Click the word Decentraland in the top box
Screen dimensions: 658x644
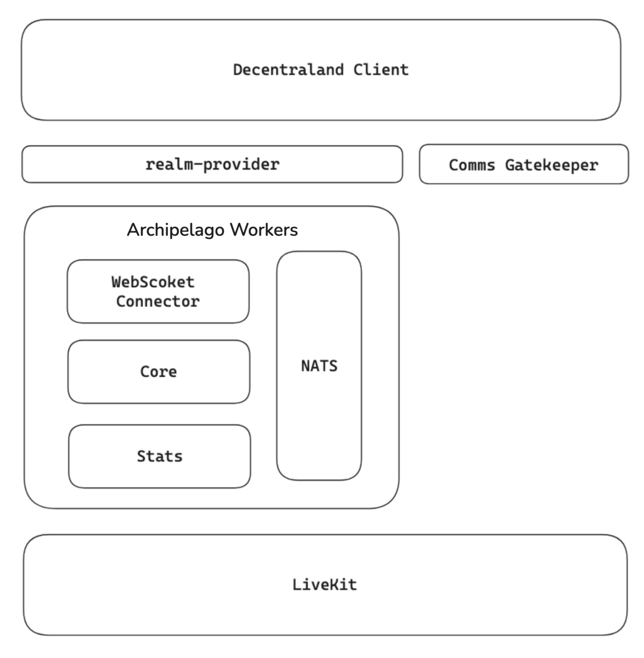tap(288, 70)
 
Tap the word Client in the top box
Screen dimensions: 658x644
tap(381, 70)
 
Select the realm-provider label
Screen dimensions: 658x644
tap(212, 165)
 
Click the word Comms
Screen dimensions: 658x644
tap(472, 166)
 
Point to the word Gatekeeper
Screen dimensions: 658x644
tap(552, 166)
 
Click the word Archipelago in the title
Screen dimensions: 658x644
tap(176, 230)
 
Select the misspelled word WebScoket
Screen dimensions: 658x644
tap(153, 282)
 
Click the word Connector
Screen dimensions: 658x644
tap(158, 302)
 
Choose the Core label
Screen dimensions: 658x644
tap(159, 372)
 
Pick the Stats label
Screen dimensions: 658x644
tap(160, 457)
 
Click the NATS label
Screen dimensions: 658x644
tap(319, 366)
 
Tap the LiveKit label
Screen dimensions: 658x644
tap(324, 585)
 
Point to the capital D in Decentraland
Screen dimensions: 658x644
tap(238, 70)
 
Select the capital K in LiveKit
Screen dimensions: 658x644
tap(329, 585)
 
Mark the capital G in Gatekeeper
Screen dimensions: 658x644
tap(510, 166)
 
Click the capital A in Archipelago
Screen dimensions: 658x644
tap(133, 230)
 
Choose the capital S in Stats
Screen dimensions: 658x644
tap(141, 457)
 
